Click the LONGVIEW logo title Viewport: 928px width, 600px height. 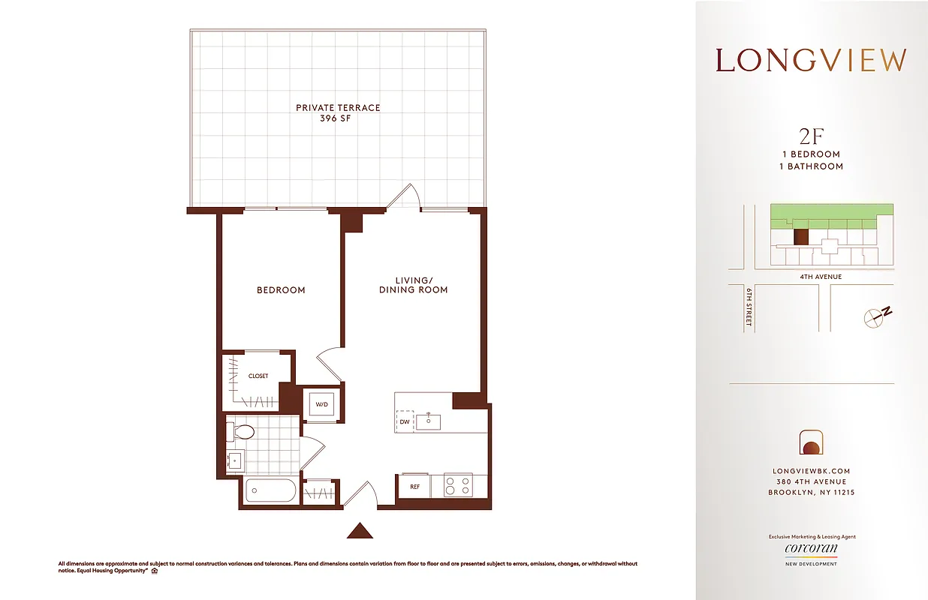811,61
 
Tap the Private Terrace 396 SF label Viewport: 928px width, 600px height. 338,112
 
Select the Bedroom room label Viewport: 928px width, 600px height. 281,289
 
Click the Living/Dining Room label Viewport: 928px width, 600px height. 413,285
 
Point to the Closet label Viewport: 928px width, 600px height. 258,376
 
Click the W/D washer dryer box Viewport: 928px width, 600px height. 322,405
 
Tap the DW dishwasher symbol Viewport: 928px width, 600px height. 405,421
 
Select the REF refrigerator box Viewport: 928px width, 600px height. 414,486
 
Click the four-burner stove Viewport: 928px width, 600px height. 458,486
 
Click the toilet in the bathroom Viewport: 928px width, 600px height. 242,432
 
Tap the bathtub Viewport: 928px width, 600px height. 270,492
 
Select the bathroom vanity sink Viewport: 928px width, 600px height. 234,460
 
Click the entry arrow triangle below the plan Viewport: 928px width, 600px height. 360,531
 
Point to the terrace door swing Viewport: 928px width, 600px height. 404,196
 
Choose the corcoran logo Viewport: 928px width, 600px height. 811,549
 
